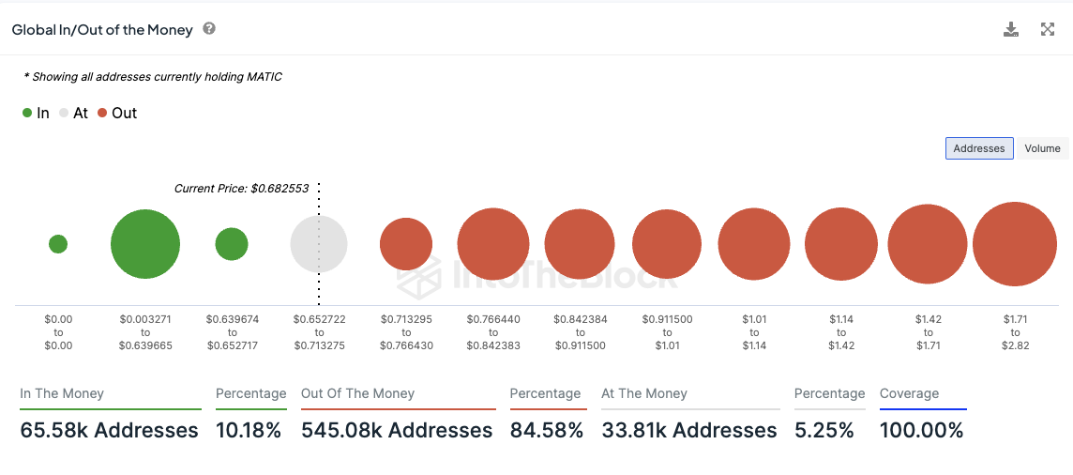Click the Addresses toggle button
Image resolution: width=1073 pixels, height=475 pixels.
pyautogui.click(x=978, y=148)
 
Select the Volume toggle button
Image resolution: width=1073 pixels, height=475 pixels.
pyautogui.click(x=1042, y=148)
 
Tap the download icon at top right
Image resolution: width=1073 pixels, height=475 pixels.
pyautogui.click(x=1011, y=29)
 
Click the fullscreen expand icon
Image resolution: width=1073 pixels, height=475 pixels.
pyautogui.click(x=1048, y=29)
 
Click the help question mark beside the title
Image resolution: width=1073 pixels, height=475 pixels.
pyautogui.click(x=209, y=29)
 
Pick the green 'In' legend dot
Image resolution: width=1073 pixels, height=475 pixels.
pyautogui.click(x=27, y=113)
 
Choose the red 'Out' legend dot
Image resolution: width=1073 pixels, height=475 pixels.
pyautogui.click(x=102, y=113)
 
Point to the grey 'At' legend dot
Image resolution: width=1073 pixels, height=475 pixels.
pyautogui.click(x=64, y=113)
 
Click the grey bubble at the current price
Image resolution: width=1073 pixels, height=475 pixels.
pyautogui.click(x=319, y=244)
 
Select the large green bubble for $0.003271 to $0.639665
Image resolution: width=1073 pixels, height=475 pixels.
pyautogui.click(x=145, y=244)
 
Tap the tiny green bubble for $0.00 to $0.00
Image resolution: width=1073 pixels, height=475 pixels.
pyautogui.click(x=58, y=244)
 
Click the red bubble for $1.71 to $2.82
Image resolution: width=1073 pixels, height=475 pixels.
pyautogui.click(x=1015, y=244)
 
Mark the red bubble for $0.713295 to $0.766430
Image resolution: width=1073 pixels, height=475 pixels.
pyautogui.click(x=406, y=244)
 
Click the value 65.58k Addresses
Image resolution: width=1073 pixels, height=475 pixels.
pyautogui.click(x=109, y=431)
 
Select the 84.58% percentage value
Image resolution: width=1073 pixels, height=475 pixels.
pyautogui.click(x=547, y=431)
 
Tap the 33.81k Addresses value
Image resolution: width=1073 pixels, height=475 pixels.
pyautogui.click(x=689, y=431)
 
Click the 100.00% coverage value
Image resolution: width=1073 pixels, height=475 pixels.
pyautogui.click(x=921, y=431)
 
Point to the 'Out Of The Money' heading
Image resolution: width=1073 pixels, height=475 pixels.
pyautogui.click(x=357, y=394)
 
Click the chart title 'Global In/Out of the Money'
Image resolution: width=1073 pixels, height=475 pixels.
pyautogui.click(x=102, y=30)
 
